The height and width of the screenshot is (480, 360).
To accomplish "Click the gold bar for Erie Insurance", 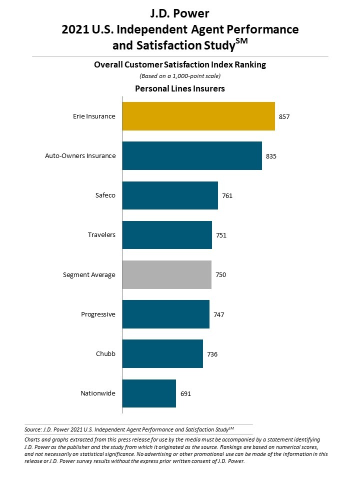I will [x=198, y=116].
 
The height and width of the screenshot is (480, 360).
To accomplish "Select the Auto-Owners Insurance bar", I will [x=192, y=155].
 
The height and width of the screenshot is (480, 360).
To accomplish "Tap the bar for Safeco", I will [x=170, y=195].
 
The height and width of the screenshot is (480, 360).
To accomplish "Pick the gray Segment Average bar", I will [x=166, y=274].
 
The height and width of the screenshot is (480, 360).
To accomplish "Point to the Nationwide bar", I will [x=149, y=393].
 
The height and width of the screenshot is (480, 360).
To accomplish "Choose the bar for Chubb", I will [x=162, y=353].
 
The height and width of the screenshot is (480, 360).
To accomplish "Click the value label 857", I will [x=284, y=116].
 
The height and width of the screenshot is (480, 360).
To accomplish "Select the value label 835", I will [x=271, y=156].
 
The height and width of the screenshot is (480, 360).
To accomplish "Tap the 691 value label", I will [x=185, y=393].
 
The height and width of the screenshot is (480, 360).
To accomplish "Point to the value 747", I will [x=219, y=314].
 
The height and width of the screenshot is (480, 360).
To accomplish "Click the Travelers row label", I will [x=101, y=234].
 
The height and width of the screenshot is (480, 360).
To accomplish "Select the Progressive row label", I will [x=98, y=314].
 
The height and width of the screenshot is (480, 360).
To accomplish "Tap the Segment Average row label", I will [x=89, y=274].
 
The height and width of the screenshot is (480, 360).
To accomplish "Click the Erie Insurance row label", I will [x=94, y=116].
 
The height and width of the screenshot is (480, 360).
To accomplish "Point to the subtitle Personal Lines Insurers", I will [x=180, y=88].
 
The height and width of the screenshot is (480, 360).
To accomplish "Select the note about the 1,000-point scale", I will [x=180, y=76].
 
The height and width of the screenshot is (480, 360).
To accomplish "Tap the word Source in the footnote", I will [x=32, y=429].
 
